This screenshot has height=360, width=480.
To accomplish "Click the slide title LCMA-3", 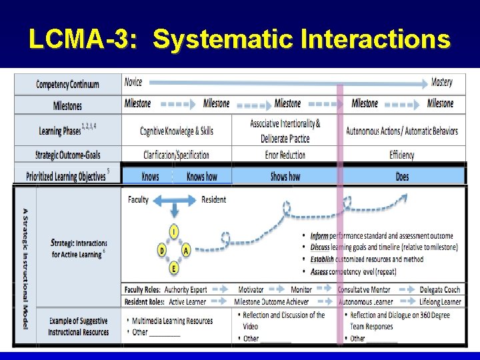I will pyautogui.click(x=239, y=39).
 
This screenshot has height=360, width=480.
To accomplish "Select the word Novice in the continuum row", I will pyautogui.click(x=133, y=82).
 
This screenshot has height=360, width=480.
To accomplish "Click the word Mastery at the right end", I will pyautogui.click(x=441, y=82).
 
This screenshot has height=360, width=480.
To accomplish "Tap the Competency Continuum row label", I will pyautogui.click(x=67, y=85).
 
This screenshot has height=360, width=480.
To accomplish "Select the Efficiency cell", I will pyautogui.click(x=402, y=155).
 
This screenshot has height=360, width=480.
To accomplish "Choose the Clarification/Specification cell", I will pyautogui.click(x=176, y=155).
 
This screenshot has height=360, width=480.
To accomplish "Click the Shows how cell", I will pyautogui.click(x=285, y=177).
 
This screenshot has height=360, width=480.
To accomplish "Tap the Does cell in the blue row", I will pyautogui.click(x=402, y=177).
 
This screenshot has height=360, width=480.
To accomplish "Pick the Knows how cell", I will pyautogui.click(x=201, y=177).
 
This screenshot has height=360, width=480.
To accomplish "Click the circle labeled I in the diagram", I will pyautogui.click(x=174, y=231).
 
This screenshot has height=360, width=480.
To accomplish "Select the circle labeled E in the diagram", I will pyautogui.click(x=174, y=269).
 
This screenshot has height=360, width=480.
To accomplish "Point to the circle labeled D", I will pyautogui.click(x=161, y=250).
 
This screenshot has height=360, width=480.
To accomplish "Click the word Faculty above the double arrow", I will pyautogui.click(x=138, y=199).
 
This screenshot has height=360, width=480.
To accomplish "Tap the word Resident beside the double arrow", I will pyautogui.click(x=213, y=199).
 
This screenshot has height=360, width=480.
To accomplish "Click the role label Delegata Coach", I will pyautogui.click(x=440, y=290).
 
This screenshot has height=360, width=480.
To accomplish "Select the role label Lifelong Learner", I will pyautogui.click(x=441, y=302).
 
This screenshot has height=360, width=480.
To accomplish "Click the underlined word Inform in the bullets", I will pyautogui.click(x=319, y=236).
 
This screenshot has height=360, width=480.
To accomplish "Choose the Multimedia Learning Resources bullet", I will pyautogui.click(x=172, y=321).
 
